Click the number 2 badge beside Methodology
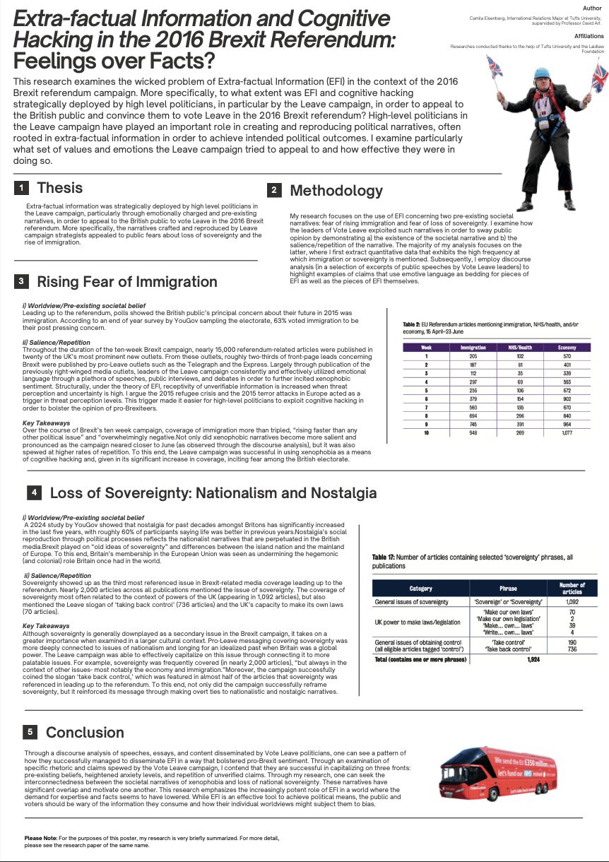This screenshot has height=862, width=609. click(274, 190)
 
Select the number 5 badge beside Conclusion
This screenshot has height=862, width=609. click(30, 732)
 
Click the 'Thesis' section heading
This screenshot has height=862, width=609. click(59, 188)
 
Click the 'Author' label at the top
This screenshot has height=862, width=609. click(592, 8)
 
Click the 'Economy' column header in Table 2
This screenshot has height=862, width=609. click(567, 348)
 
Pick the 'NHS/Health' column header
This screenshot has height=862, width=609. click(519, 348)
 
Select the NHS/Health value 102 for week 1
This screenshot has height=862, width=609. click(519, 355)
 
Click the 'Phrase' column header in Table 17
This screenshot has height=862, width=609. click(508, 588)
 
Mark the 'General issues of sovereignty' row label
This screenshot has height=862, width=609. click(411, 602)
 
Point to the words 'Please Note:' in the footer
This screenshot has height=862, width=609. click(40, 838)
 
